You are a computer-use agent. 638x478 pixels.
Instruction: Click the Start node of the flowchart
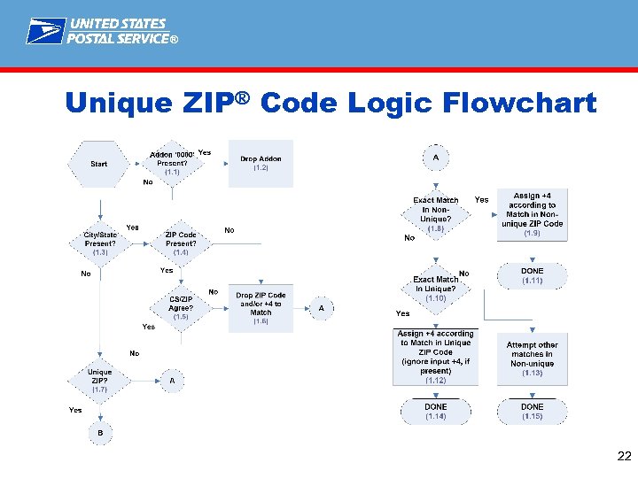click(99, 164)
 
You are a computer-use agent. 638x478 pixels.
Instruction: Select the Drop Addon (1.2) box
click(261, 164)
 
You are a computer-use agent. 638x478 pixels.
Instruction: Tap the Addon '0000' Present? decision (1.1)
click(172, 164)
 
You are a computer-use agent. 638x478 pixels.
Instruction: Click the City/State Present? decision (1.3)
click(99, 243)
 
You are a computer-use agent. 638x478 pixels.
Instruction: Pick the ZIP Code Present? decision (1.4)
click(181, 243)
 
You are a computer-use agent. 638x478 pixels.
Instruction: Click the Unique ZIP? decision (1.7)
click(99, 381)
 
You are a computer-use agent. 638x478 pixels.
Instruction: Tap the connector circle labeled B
click(99, 433)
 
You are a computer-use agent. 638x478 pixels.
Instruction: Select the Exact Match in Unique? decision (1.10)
click(435, 284)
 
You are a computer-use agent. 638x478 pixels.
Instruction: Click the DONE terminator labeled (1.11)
click(532, 275)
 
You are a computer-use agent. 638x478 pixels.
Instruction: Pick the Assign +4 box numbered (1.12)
click(435, 357)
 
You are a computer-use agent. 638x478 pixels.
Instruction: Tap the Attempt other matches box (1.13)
click(532, 358)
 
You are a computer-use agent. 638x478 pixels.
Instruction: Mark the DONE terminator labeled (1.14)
click(435, 411)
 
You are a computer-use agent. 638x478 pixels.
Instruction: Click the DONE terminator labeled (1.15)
click(532, 411)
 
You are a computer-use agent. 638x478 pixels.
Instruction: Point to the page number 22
click(624, 457)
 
